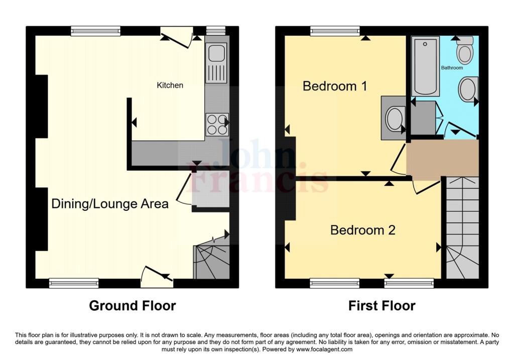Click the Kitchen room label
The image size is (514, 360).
tap(170, 85)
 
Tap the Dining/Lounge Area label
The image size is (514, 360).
tap(110, 204)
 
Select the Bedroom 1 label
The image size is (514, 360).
tap(335, 86)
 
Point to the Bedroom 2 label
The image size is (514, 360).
tap(362, 230)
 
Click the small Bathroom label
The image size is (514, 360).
tap(452, 67)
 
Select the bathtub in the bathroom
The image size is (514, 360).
tap(425, 66)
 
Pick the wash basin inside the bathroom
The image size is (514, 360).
tap(468, 89)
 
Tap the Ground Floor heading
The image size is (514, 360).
tap(133, 305)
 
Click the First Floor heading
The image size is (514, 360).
tap(382, 305)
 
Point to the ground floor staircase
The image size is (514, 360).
tap(211, 261)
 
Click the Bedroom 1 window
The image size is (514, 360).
tap(335, 31)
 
